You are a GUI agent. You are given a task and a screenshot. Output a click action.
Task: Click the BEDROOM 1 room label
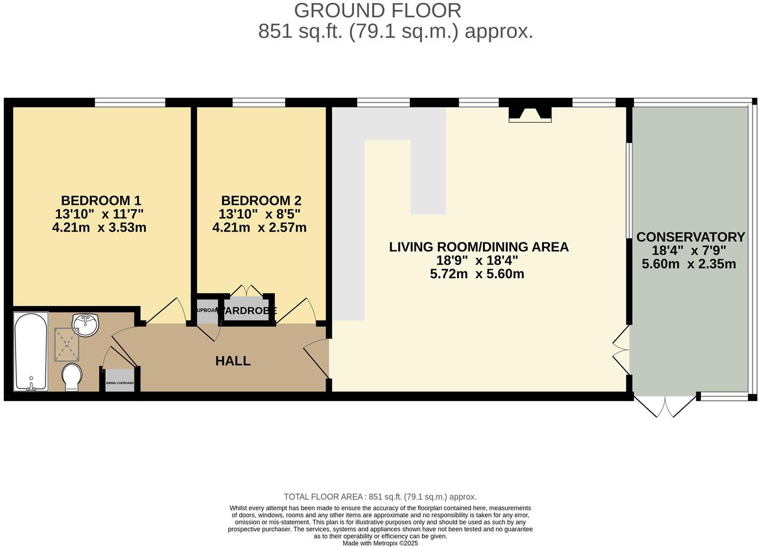click(x=101, y=200)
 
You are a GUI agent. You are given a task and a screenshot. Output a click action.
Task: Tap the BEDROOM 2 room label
click(x=261, y=200)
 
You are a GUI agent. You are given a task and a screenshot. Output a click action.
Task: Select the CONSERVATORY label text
click(x=690, y=237)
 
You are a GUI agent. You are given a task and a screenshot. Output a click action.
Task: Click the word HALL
click(x=233, y=361)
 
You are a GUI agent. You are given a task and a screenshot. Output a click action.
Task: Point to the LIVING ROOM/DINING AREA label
click(x=478, y=247)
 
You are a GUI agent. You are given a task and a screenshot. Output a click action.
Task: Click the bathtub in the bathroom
click(x=31, y=351)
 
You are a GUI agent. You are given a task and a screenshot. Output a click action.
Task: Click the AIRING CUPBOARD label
click(x=120, y=383)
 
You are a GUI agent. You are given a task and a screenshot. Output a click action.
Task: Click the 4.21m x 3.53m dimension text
click(x=99, y=227)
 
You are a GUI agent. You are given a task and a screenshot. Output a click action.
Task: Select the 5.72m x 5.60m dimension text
click(x=477, y=274)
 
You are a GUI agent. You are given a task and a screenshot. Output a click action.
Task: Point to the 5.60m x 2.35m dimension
click(x=689, y=264)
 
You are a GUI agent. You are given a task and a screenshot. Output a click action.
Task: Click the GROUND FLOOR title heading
click(x=377, y=10)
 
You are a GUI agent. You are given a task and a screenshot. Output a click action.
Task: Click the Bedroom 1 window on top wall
click(x=130, y=102)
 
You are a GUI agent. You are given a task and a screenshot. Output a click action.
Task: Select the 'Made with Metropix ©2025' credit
click(x=380, y=543)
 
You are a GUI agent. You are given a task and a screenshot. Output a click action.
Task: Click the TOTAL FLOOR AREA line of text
click(x=380, y=497)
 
